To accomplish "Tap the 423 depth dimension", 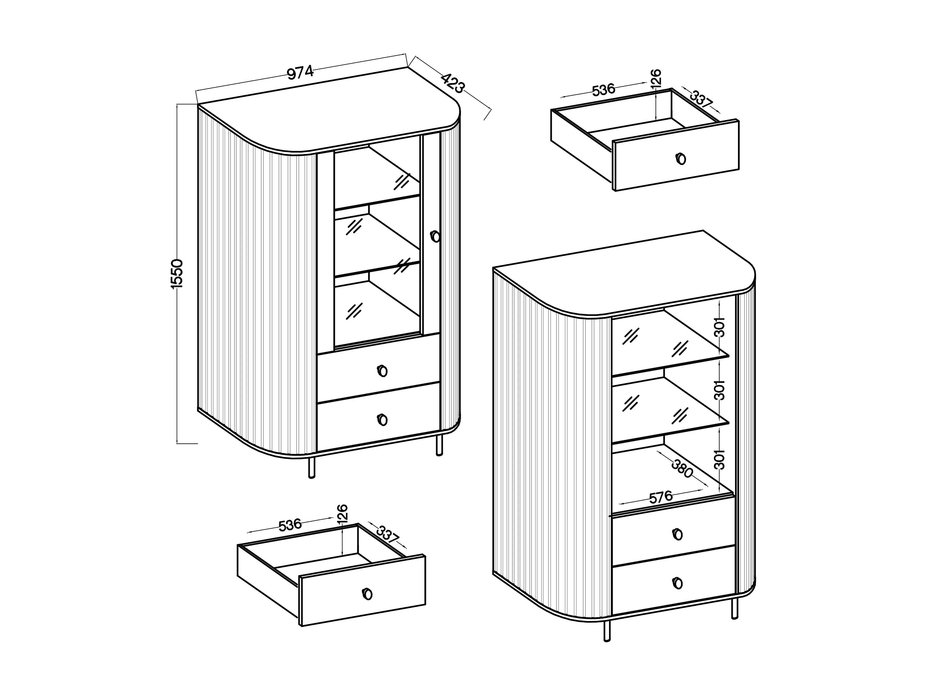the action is coord(453,84).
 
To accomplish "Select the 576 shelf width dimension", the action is coord(661,497).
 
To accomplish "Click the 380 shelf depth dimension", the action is coord(682,469).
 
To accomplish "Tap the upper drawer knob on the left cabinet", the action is coord(382,371).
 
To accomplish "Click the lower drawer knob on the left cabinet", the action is coord(382,420).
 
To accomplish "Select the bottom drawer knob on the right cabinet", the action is coord(677,583).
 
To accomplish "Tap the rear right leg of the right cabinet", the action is coord(734,608).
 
